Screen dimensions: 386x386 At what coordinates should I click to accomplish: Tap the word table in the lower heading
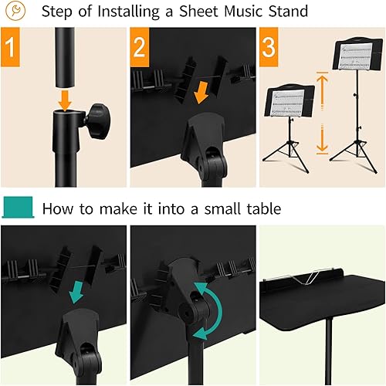(x=259, y=208)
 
